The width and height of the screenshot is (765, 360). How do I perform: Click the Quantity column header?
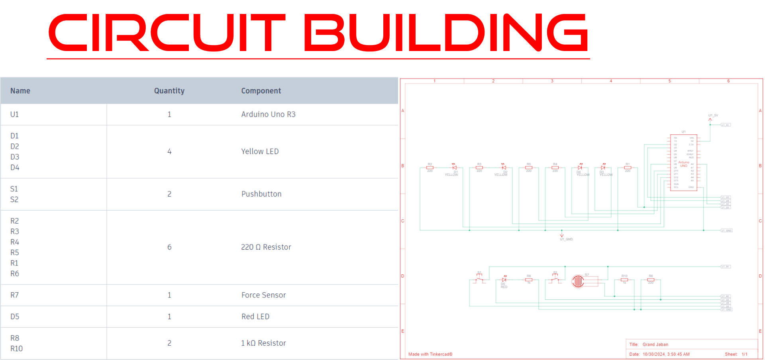(x=169, y=91)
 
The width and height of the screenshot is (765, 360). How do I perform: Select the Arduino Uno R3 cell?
(x=268, y=114)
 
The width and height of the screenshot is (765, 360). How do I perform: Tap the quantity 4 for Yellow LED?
(x=169, y=151)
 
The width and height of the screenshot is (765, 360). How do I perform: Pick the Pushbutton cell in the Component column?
(x=261, y=194)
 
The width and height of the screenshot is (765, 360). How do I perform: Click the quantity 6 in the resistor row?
(x=169, y=247)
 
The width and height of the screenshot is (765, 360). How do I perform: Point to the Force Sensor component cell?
(x=263, y=295)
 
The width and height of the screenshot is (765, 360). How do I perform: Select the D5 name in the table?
(x=15, y=317)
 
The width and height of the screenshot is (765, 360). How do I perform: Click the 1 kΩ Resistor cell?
(x=263, y=343)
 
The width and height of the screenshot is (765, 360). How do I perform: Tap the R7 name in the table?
(x=15, y=295)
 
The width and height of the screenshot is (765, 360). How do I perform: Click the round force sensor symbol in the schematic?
(x=578, y=281)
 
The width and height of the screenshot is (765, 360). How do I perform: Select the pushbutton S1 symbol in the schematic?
(x=479, y=279)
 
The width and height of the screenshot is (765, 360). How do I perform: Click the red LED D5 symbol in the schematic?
(x=504, y=280)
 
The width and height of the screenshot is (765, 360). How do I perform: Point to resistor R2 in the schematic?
(x=430, y=168)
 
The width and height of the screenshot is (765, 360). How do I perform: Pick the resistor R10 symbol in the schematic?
(x=624, y=279)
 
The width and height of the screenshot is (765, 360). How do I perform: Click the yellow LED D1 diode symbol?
(x=454, y=168)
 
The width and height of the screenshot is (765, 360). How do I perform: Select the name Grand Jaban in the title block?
(x=655, y=344)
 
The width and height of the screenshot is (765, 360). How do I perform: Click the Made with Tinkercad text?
(x=430, y=354)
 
